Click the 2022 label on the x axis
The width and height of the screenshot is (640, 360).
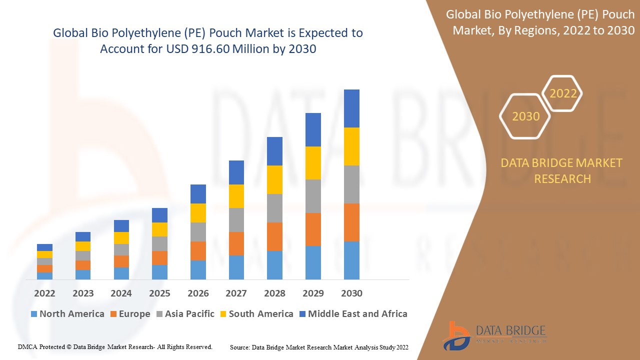(44, 293)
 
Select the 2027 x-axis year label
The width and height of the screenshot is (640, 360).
(236, 293)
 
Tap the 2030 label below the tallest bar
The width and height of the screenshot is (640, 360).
(351, 293)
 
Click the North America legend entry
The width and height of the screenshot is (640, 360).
(67, 314)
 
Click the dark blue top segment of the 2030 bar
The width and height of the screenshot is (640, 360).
(351, 108)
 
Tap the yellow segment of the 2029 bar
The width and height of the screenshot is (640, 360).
(313, 163)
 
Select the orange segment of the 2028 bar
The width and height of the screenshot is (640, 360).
(274, 236)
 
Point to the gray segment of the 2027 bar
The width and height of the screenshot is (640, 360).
(236, 220)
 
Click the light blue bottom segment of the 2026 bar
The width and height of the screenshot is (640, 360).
(198, 270)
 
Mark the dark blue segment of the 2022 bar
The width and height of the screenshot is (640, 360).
(44, 247)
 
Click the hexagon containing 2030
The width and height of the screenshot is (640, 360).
(525, 116)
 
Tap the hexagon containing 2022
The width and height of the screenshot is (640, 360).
(563, 93)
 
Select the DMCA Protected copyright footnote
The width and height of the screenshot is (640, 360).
(115, 346)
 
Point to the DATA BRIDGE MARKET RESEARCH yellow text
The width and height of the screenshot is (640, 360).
(562, 170)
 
